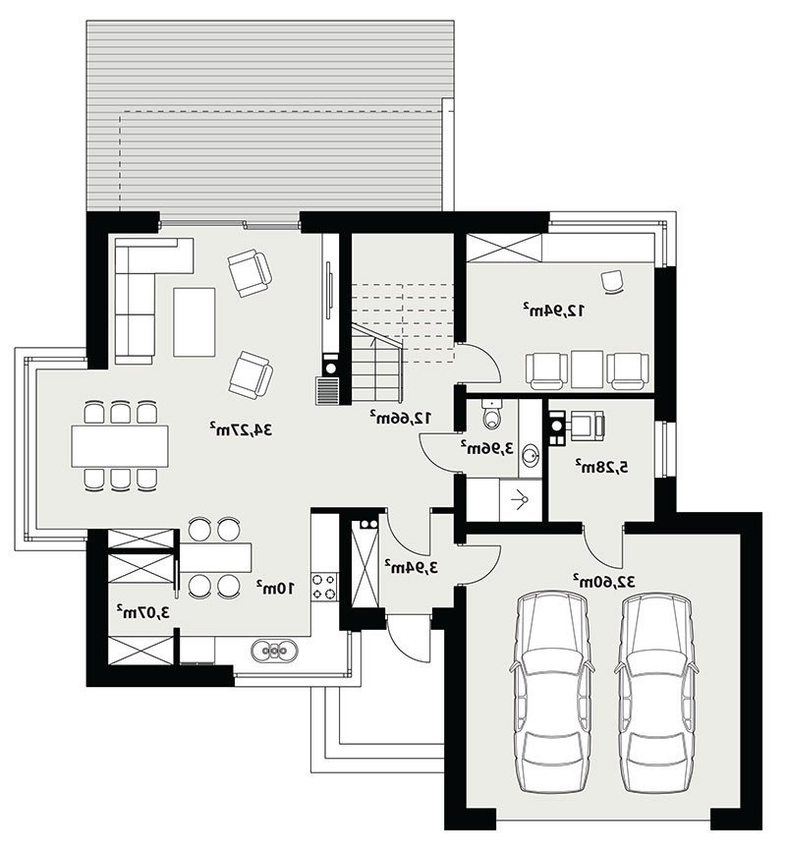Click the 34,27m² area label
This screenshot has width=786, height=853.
241,429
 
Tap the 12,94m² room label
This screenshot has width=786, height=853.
554,311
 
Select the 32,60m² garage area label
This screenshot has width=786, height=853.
604,582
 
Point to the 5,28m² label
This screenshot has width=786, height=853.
602,466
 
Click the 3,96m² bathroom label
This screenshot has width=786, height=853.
487,448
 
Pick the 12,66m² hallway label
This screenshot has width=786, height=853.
402,418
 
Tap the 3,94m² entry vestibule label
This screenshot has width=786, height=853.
412,567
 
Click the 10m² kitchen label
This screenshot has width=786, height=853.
276,588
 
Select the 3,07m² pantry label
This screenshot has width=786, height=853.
143,612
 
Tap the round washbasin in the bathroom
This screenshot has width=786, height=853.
530,453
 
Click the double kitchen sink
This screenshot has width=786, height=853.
274,650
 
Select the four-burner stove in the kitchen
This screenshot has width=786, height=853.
325,587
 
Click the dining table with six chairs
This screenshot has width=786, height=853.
120,445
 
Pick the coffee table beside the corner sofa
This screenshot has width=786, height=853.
195,322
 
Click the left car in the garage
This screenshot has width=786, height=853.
551,692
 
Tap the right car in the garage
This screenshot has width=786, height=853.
655,692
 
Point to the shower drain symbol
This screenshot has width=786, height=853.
522,498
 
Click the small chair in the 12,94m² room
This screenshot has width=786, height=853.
613,281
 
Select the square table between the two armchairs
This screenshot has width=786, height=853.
587,369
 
